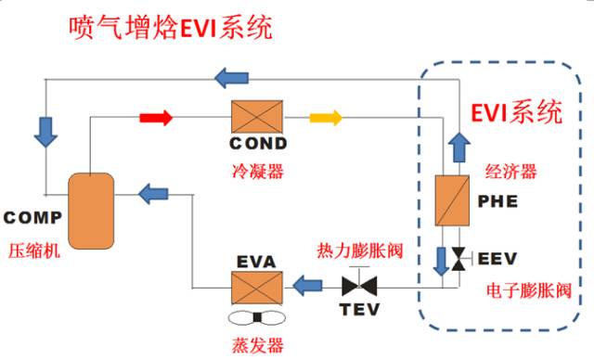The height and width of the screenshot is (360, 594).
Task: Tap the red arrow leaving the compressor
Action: [156, 118]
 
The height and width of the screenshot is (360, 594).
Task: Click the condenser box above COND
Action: [257, 118]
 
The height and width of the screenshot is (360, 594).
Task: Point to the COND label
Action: [258, 144]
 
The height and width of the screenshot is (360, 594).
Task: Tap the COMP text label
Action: [32, 218]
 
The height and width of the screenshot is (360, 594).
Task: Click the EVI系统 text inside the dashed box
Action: [517, 114]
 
